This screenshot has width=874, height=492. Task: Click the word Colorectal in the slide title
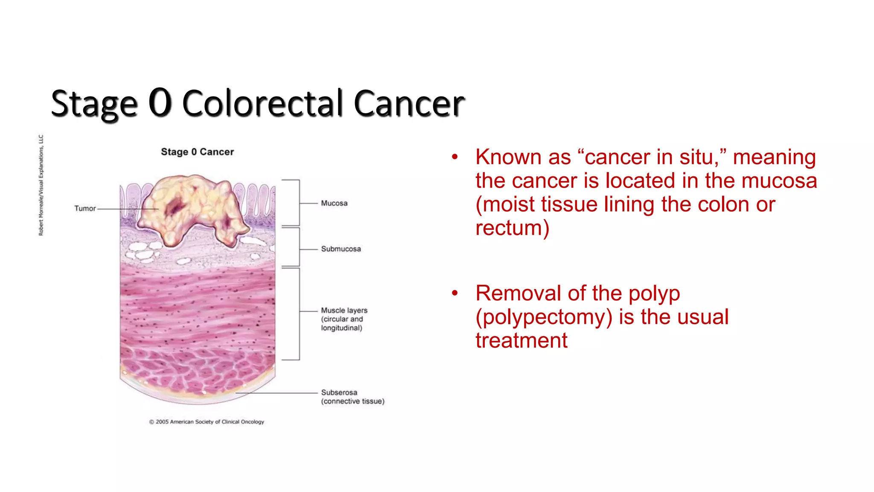click(262, 103)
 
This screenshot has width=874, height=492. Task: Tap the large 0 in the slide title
click(160, 102)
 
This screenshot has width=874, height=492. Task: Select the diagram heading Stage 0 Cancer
click(197, 152)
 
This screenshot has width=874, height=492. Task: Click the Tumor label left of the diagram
click(85, 208)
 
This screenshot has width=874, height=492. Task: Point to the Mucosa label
click(334, 203)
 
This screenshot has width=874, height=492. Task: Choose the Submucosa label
click(341, 249)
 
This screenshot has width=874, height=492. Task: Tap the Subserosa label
click(339, 392)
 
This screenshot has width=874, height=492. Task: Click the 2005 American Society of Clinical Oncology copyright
click(207, 422)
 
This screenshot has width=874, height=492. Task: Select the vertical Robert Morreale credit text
click(41, 185)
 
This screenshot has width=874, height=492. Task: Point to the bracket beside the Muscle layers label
click(299, 314)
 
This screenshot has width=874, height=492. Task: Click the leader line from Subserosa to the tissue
click(277, 392)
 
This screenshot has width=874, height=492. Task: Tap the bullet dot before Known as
click(455, 157)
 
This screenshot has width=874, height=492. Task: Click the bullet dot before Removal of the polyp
click(455, 293)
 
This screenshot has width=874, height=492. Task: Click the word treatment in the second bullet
click(521, 340)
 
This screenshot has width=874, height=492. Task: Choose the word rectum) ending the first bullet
click(512, 228)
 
